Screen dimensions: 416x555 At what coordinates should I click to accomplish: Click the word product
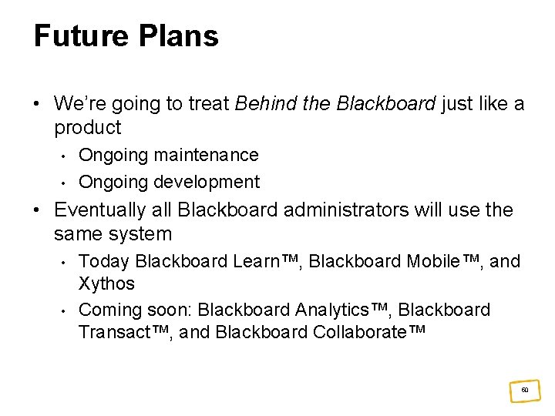[x=88, y=128]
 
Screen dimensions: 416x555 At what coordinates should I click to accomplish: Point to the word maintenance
[x=206, y=155]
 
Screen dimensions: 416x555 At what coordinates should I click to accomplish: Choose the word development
[x=207, y=182]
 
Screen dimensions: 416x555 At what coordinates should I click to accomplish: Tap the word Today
[x=105, y=261]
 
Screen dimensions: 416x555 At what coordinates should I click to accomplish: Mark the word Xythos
[x=106, y=283]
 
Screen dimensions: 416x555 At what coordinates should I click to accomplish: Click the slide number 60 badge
[x=524, y=390]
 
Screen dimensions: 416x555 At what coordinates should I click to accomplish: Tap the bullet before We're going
[x=38, y=104]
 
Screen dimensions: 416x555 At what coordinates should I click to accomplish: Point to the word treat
[x=210, y=104]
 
